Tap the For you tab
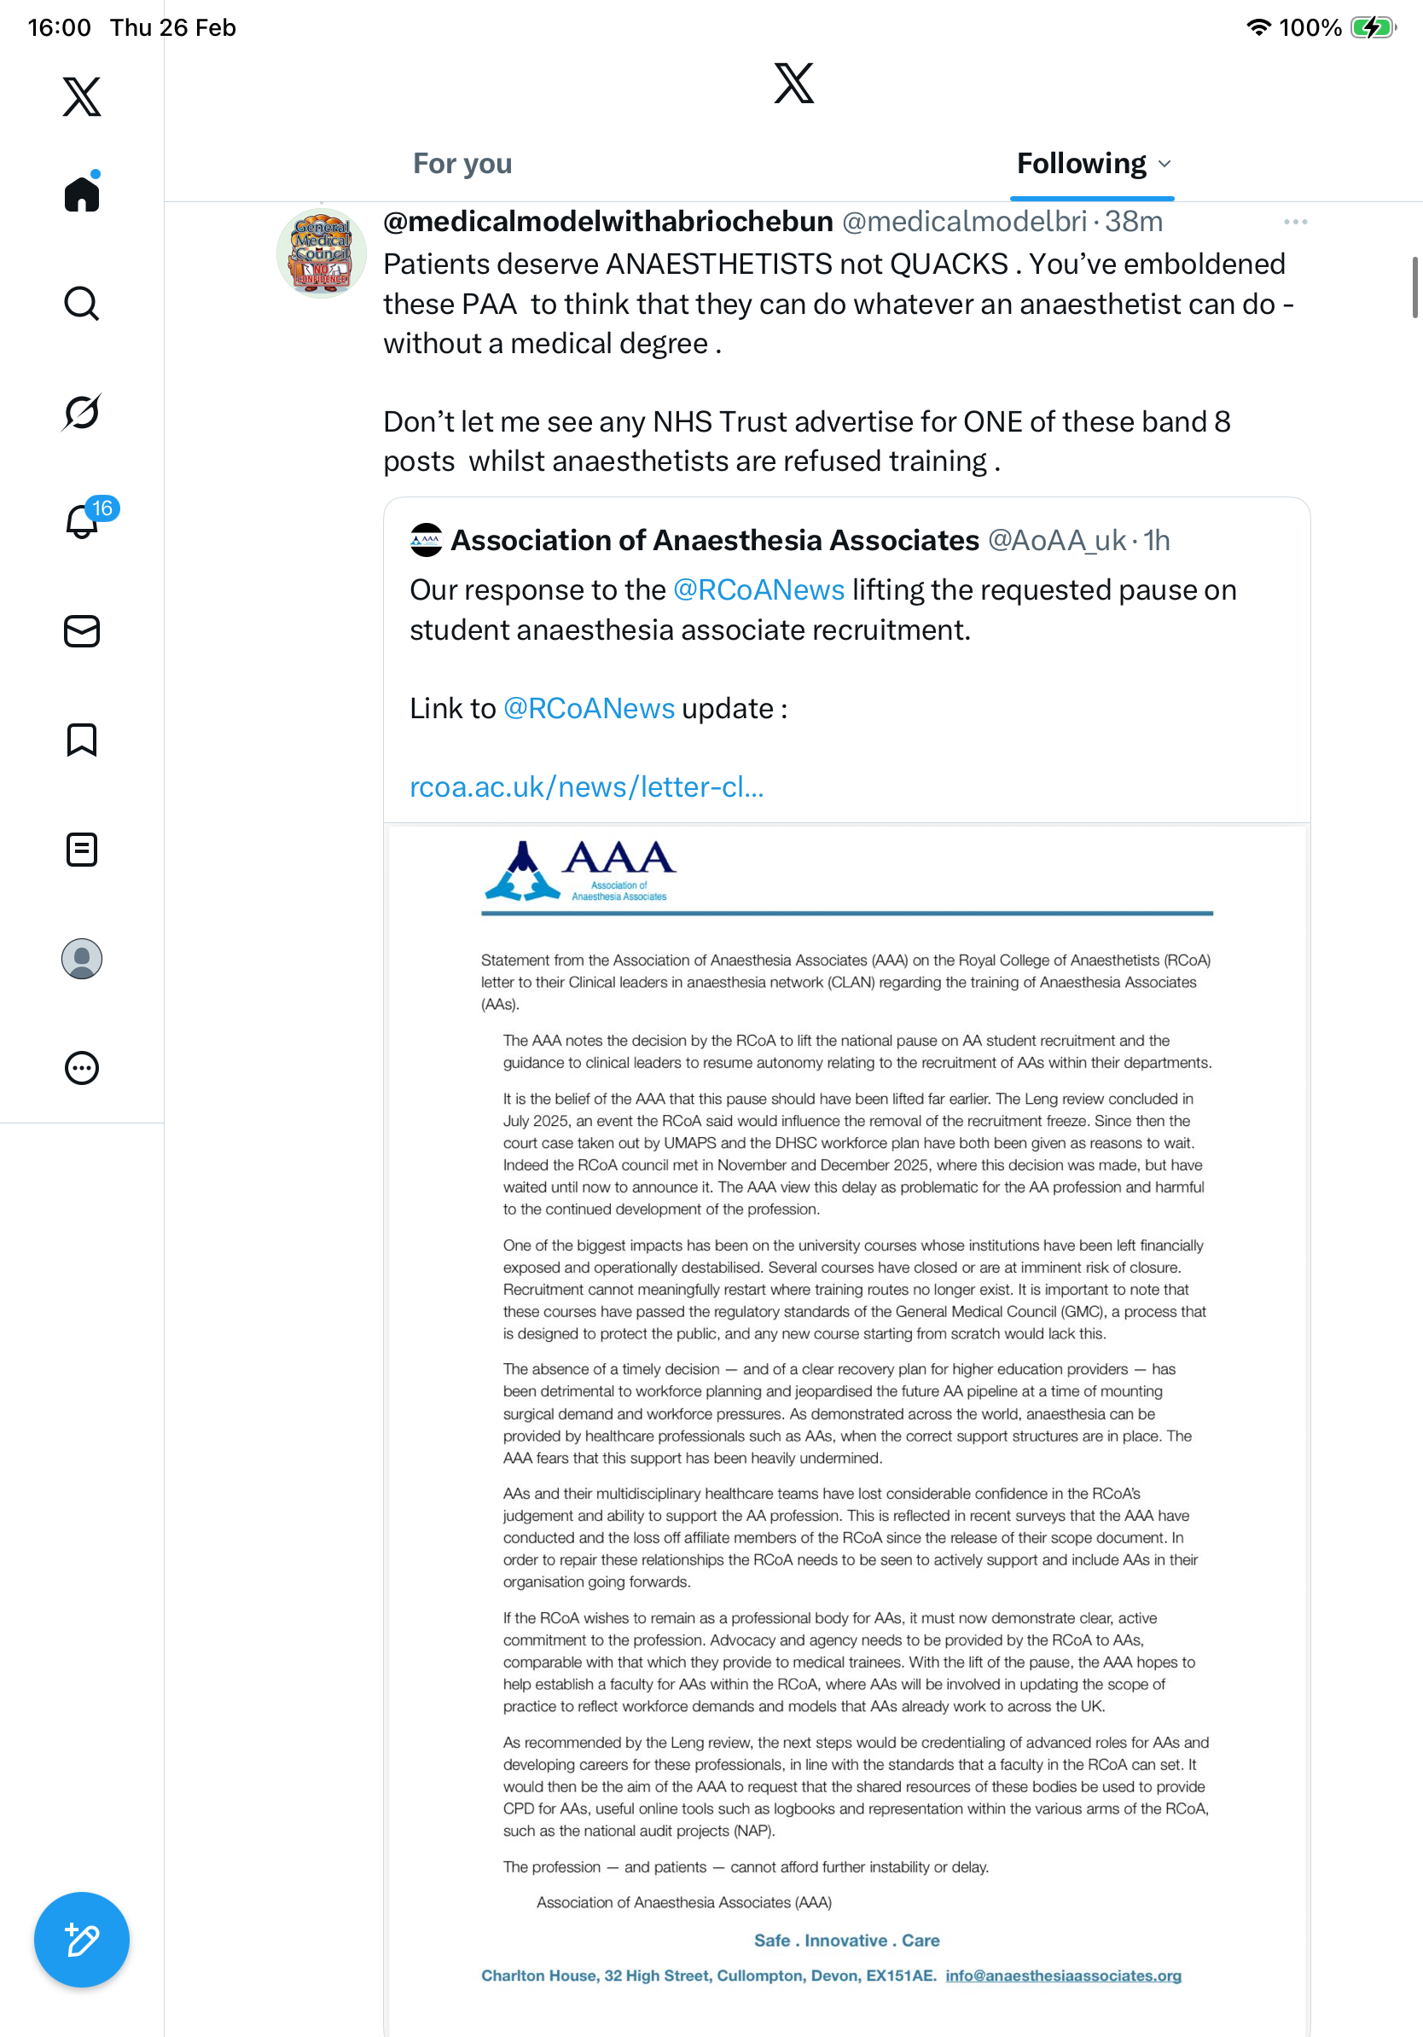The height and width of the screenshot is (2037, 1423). (x=462, y=164)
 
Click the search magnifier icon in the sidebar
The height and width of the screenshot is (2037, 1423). (x=82, y=304)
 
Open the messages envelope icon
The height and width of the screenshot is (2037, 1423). (x=82, y=630)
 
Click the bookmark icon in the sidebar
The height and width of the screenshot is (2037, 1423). (x=82, y=740)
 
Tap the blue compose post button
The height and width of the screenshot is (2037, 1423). (x=82, y=1940)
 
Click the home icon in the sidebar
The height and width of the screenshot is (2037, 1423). (x=82, y=194)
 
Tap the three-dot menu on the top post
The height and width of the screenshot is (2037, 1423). (x=1295, y=222)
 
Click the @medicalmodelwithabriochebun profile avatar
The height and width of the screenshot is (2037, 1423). (x=321, y=253)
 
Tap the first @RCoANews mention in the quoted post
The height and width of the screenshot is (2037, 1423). (x=758, y=590)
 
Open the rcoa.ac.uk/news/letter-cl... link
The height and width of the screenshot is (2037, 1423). (x=586, y=787)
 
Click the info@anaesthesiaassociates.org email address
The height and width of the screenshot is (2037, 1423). (x=1063, y=1976)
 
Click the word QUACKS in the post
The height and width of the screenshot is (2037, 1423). (x=949, y=264)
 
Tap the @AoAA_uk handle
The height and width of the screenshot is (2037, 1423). (x=1057, y=540)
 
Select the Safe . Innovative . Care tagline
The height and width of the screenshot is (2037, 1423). (x=846, y=1941)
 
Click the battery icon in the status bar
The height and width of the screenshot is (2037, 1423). (x=1372, y=27)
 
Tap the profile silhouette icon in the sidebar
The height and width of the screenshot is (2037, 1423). (x=82, y=959)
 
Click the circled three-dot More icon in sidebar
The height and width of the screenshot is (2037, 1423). (x=82, y=1068)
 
